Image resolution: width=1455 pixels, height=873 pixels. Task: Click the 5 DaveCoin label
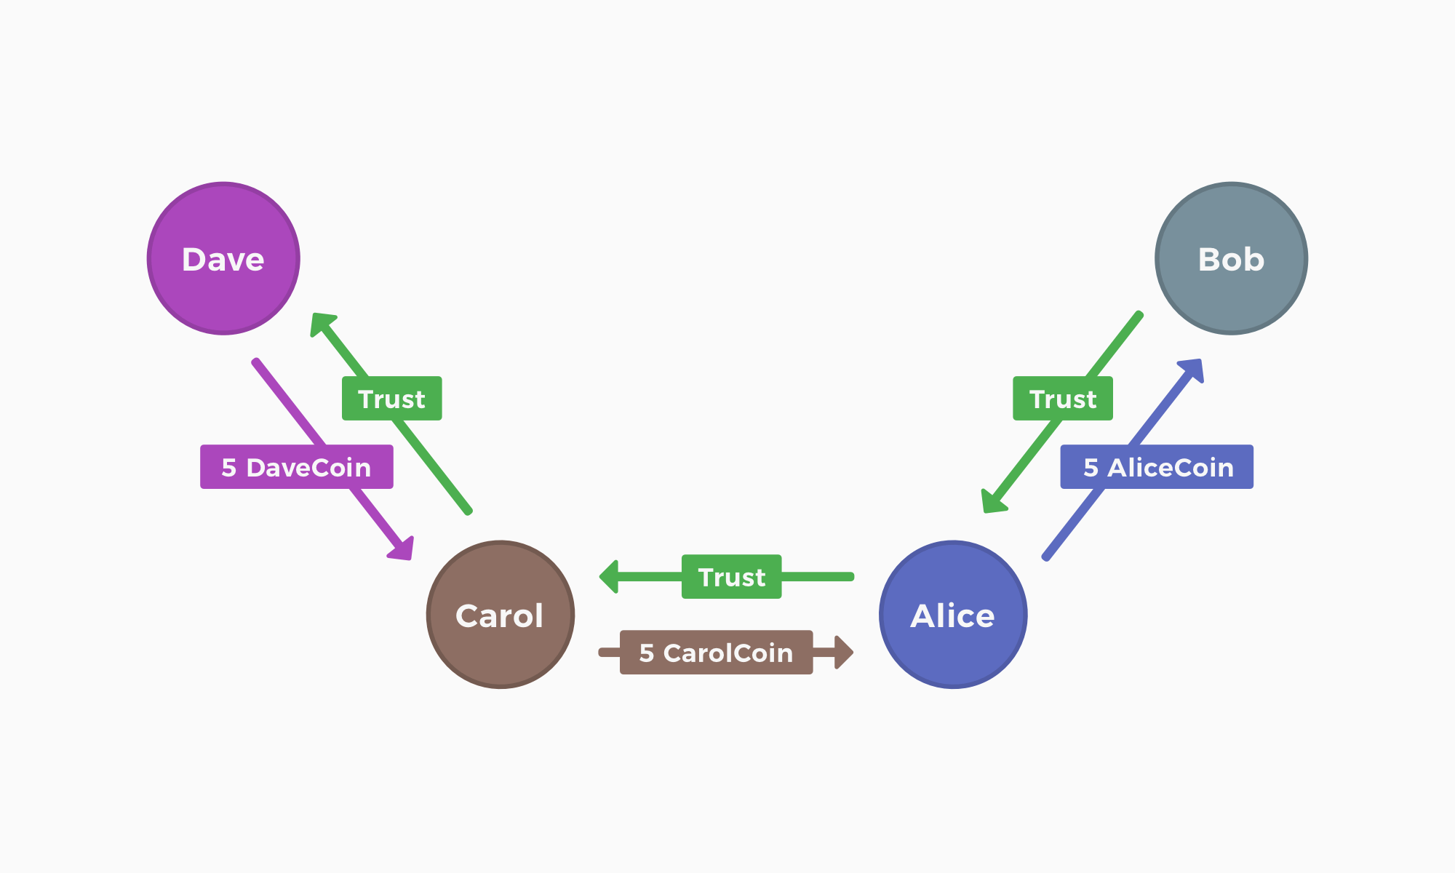click(296, 467)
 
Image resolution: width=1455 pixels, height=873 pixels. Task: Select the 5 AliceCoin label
click(1157, 467)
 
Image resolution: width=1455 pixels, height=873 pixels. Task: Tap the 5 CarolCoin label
click(716, 653)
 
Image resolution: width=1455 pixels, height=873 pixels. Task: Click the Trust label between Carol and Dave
click(391, 399)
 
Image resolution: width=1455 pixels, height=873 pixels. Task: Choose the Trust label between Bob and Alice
click(1062, 399)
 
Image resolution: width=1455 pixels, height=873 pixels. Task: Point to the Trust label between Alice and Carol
click(731, 577)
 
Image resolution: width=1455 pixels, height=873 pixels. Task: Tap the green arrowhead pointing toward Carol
click(610, 577)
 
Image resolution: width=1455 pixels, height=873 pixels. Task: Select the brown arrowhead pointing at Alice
click(843, 653)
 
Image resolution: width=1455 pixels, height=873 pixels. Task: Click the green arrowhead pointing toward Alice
click(992, 502)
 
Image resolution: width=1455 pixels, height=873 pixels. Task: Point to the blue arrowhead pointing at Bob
click(1192, 369)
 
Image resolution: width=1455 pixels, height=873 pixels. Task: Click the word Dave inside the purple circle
click(223, 260)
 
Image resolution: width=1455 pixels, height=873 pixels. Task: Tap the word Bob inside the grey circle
click(1231, 260)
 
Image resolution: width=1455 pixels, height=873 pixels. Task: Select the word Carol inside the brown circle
click(499, 616)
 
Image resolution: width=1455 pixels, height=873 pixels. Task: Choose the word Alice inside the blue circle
click(952, 616)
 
